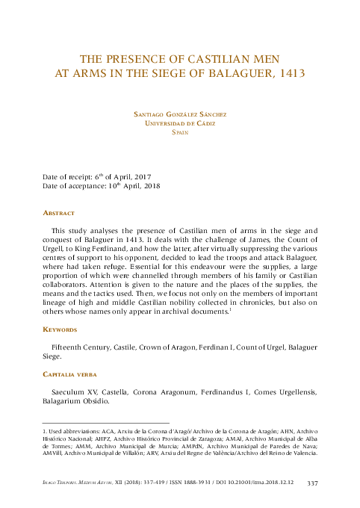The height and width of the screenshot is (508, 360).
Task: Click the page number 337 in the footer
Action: [313, 485]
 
